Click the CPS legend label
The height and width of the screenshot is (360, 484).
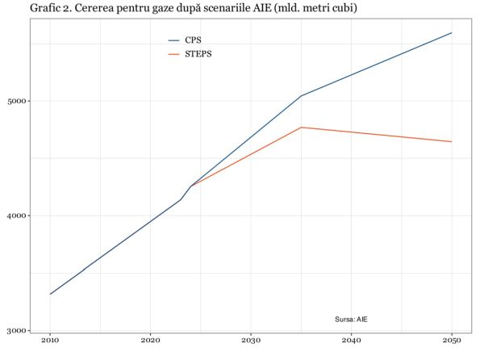194,40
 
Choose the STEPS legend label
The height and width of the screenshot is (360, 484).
198,54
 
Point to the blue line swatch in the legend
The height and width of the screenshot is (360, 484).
173,40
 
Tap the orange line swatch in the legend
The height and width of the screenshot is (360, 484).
173,54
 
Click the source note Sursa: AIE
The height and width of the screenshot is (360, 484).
357,320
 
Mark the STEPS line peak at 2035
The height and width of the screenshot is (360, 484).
301,128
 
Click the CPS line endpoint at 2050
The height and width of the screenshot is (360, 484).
451,33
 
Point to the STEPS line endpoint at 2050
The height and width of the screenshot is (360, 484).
451,142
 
